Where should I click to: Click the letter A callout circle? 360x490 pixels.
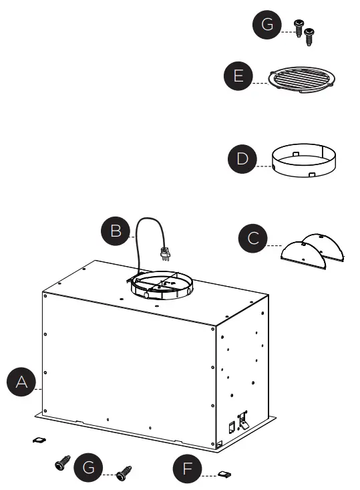21,382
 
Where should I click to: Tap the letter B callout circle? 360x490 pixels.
116,231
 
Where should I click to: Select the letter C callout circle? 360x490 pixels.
253,238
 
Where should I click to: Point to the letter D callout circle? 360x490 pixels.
242,158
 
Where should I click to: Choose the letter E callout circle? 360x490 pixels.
238,76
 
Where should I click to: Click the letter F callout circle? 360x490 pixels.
187,469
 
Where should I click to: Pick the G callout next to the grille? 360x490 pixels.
267,24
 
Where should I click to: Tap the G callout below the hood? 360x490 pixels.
88,467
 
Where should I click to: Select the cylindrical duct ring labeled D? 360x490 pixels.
304,160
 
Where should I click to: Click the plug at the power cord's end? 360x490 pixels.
165,253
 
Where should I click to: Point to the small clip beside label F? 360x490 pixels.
224,475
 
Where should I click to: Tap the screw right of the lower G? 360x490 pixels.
124,473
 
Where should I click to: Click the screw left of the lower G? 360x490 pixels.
63,463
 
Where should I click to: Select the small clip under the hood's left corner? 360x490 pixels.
39,440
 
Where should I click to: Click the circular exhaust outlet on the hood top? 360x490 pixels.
162,285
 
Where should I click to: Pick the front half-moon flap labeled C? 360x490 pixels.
303,255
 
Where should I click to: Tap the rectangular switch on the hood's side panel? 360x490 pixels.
232,427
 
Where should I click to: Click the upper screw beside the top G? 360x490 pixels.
299,27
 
